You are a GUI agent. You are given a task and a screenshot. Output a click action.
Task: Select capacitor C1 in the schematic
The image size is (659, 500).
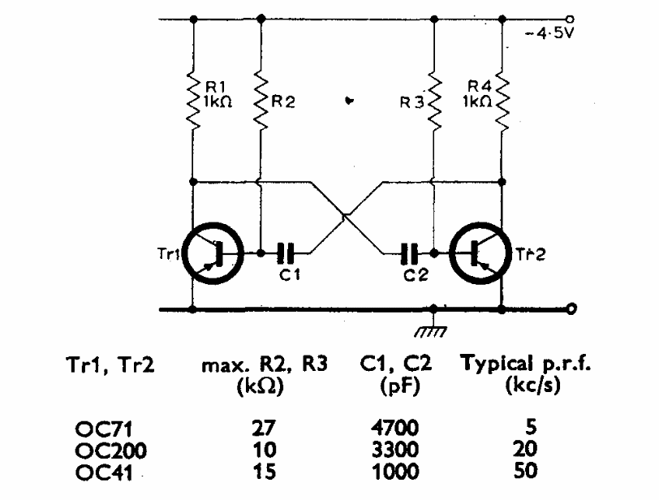point(285,253)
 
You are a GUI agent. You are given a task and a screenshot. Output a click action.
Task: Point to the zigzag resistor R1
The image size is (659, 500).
point(194,102)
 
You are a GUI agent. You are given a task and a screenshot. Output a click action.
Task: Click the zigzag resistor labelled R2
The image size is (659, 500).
point(261,102)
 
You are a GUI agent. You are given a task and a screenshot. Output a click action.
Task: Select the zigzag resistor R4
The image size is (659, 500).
point(502,102)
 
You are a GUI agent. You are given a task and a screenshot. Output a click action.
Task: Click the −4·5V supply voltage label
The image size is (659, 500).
point(551,34)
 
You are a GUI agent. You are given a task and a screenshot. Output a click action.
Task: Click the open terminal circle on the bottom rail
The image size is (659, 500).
point(572,309)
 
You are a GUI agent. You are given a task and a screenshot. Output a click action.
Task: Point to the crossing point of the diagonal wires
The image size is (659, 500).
point(345,216)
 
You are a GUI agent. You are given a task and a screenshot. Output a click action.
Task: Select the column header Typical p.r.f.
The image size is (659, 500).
point(526,366)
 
